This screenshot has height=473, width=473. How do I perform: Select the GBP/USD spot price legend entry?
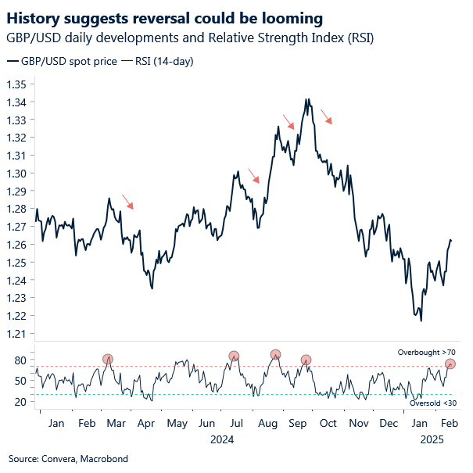tap(63, 60)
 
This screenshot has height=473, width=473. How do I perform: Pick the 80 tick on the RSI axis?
tap(21, 360)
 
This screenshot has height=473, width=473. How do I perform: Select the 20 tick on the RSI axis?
tap(21, 402)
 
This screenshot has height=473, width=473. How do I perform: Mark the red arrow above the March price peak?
tap(127, 202)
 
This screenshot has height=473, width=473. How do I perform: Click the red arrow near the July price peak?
tap(253, 176)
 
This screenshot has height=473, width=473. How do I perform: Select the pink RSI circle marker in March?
tap(108, 360)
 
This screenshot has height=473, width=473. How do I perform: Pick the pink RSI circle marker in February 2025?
tap(450, 364)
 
